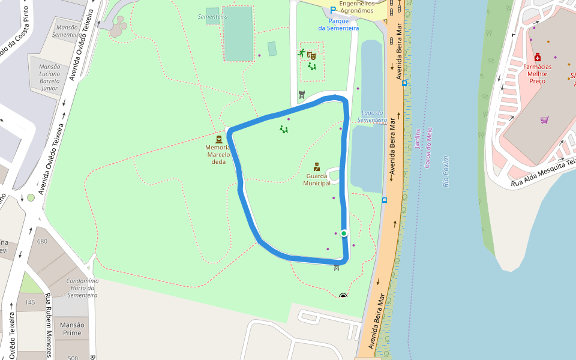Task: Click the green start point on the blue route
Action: [x=344, y=233]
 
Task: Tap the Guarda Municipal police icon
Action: [x=316, y=167]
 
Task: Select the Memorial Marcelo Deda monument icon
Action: [x=218, y=139]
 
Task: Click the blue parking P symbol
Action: [x=333, y=10]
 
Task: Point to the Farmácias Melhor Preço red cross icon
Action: [x=538, y=57]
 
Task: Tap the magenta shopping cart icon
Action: [x=544, y=119]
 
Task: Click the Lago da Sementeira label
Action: [x=374, y=116]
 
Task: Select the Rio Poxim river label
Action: [x=445, y=172]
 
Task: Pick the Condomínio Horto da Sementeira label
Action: [x=82, y=287]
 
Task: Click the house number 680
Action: [x=42, y=241]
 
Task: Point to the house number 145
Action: [x=30, y=302]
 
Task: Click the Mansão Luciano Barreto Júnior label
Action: [x=49, y=77]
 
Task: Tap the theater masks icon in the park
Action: [x=311, y=55]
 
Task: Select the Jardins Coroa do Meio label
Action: [x=423, y=148]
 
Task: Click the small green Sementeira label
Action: [x=212, y=17]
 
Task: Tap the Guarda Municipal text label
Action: [x=316, y=179]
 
